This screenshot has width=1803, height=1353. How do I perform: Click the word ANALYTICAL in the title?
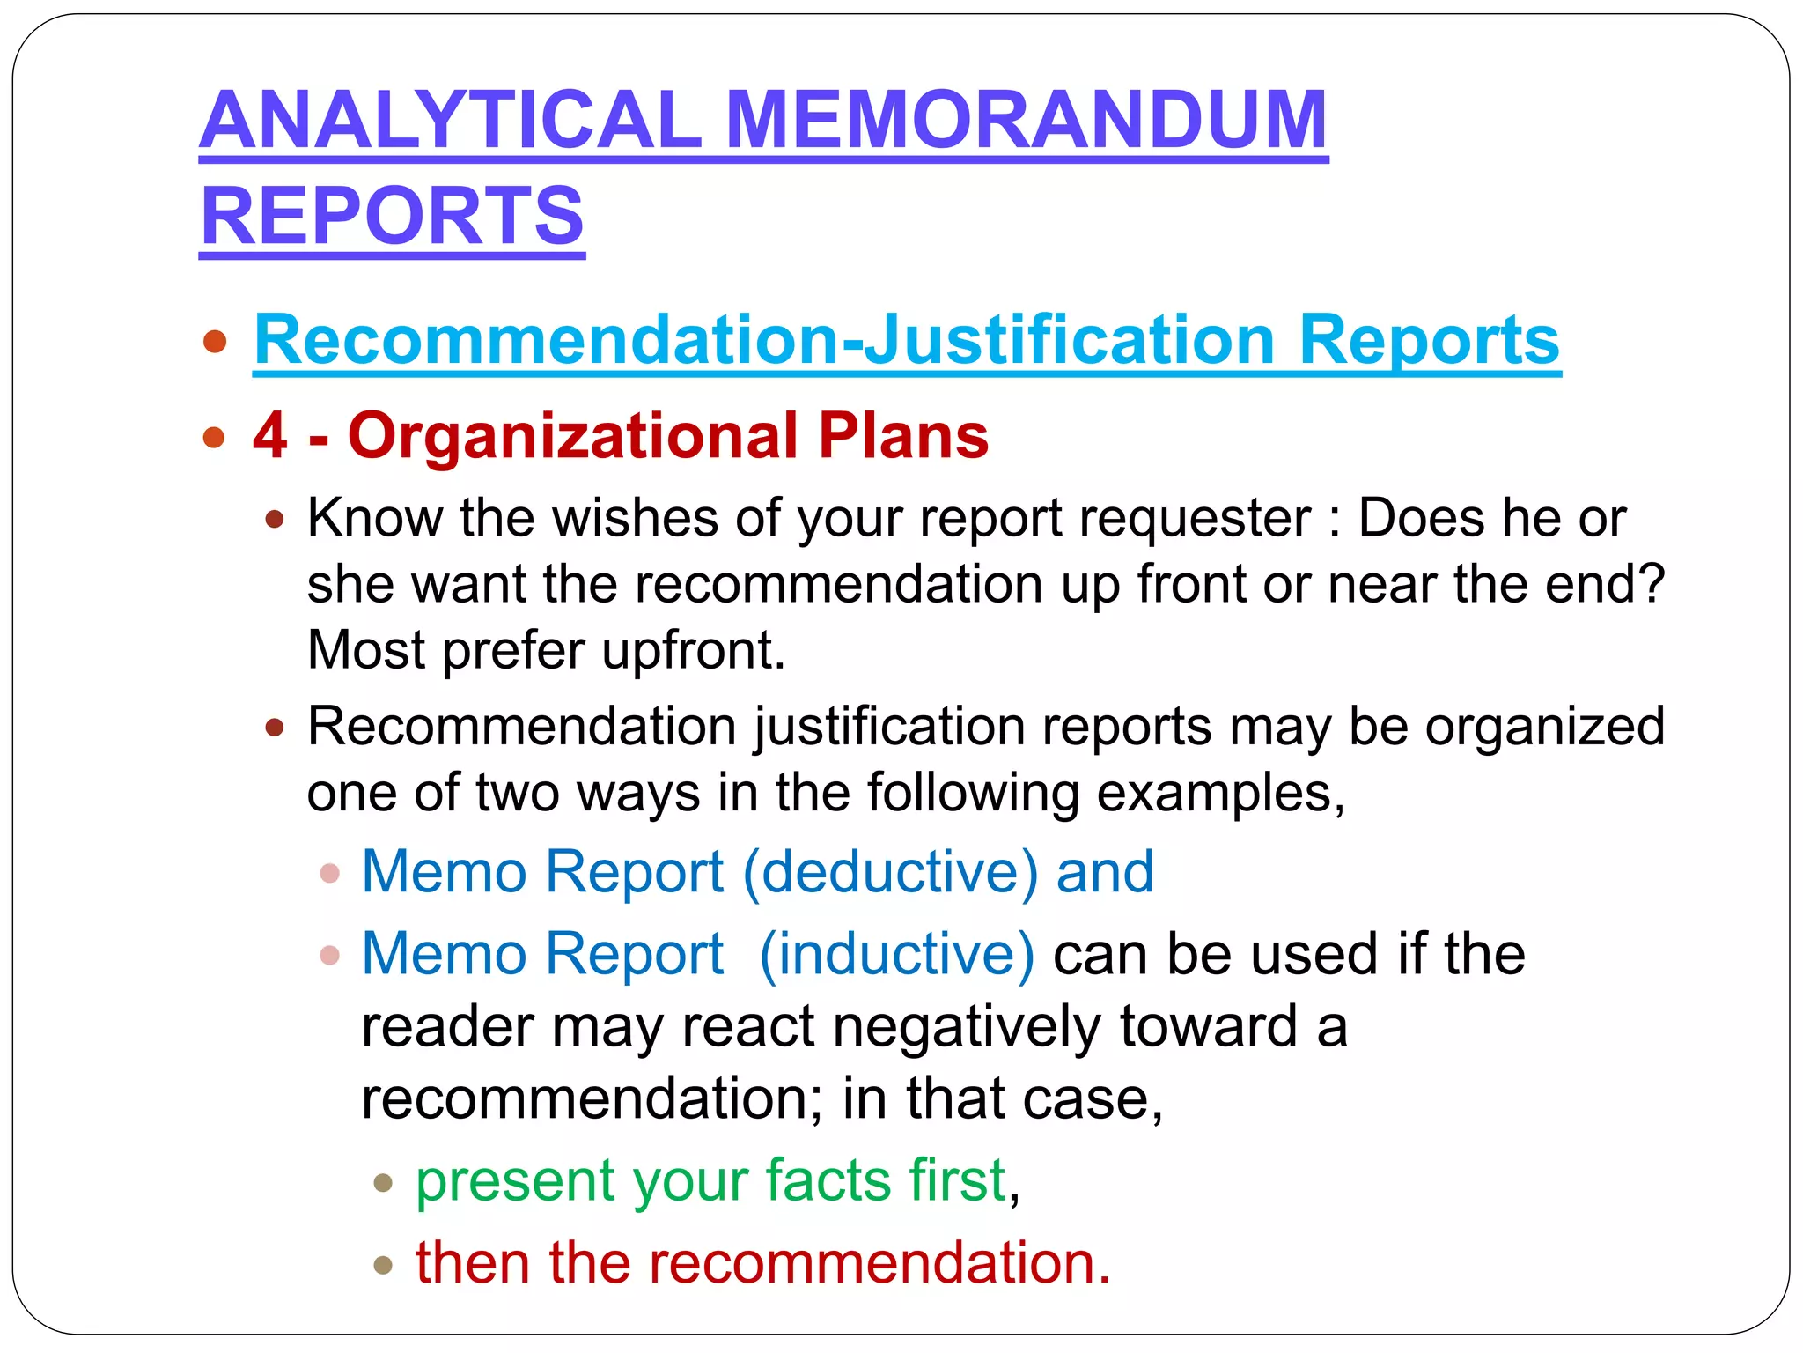tap(450, 121)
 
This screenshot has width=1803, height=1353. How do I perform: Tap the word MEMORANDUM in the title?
tap(1027, 121)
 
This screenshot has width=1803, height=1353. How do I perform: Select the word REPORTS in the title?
tap(392, 216)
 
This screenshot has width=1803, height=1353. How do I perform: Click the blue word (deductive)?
tap(891, 872)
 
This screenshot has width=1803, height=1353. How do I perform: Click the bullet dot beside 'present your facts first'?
tap(382, 1183)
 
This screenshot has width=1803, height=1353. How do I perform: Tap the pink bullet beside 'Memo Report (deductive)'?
tap(330, 874)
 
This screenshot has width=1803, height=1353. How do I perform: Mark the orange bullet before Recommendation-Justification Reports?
tap(214, 342)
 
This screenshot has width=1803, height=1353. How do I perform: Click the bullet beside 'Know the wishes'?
tap(275, 520)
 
